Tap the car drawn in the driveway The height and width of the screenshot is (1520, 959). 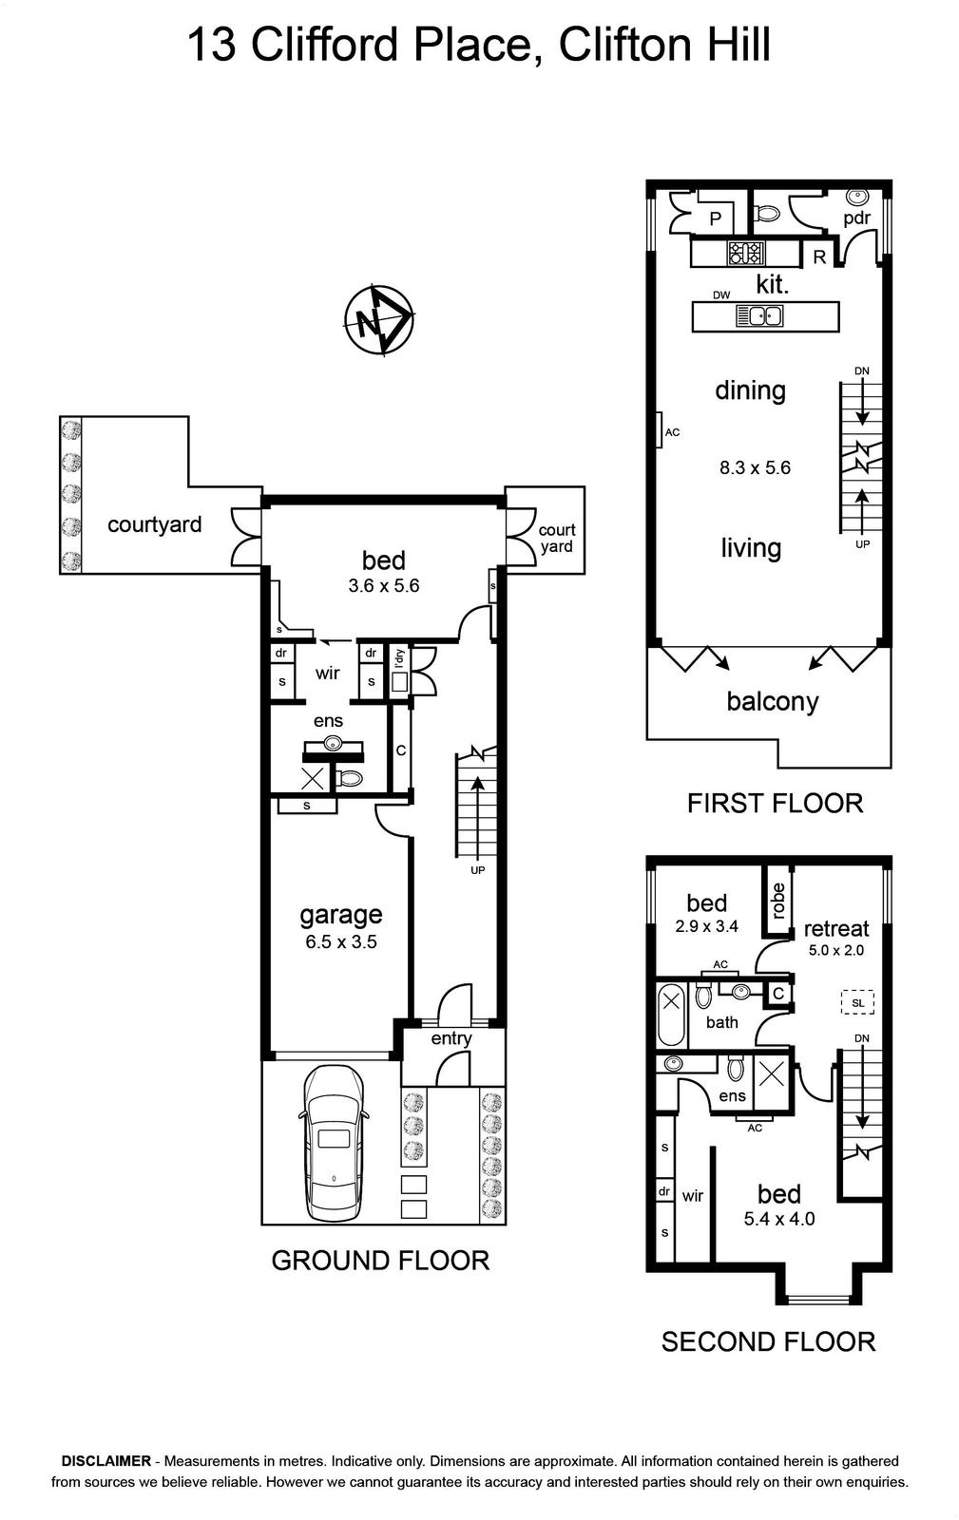pyautogui.click(x=334, y=1145)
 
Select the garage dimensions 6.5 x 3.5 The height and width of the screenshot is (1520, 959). pyautogui.click(x=340, y=941)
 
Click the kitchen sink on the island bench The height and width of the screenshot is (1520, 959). pyautogui.click(x=760, y=315)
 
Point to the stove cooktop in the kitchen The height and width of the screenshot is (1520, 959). pyautogui.click(x=746, y=253)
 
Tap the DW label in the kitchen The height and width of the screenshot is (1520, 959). pyautogui.click(x=721, y=295)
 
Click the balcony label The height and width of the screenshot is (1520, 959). pyautogui.click(x=773, y=701)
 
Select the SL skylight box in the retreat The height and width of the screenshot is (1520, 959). pyautogui.click(x=858, y=1002)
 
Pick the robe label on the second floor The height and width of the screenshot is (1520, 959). pyautogui.click(x=777, y=900)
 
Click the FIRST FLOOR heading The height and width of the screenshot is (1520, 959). pyautogui.click(x=775, y=804)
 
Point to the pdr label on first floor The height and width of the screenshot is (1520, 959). pyautogui.click(x=857, y=218)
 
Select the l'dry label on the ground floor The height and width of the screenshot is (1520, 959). pyautogui.click(x=399, y=659)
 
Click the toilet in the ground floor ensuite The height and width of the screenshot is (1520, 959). pyautogui.click(x=350, y=778)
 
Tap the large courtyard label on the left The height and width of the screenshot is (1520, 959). pyautogui.click(x=155, y=524)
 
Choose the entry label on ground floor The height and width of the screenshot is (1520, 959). pyautogui.click(x=451, y=1039)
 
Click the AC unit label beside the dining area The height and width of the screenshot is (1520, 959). pyautogui.click(x=672, y=432)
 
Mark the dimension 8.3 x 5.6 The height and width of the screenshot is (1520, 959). pyautogui.click(x=756, y=467)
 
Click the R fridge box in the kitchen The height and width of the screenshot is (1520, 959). pyautogui.click(x=819, y=257)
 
